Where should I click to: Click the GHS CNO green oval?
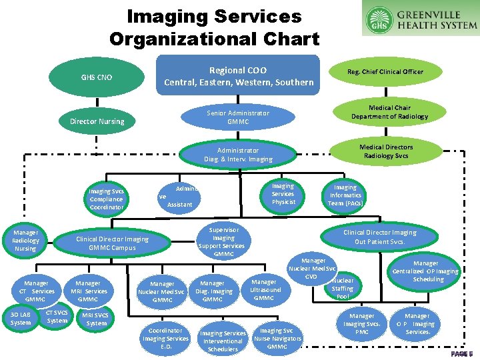[97, 77]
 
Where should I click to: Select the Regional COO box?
[238, 76]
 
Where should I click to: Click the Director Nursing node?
[97, 121]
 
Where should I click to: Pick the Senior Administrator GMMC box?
[238, 117]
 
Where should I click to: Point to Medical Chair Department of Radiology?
[389, 112]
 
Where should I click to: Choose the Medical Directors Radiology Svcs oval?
[386, 151]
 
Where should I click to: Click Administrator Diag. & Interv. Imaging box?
[238, 155]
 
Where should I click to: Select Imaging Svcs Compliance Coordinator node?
[106, 199]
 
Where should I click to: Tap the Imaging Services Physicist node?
[283, 194]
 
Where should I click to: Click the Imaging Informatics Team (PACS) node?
[345, 195]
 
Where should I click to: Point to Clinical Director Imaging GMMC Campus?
[113, 243]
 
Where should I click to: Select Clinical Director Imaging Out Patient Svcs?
[379, 237]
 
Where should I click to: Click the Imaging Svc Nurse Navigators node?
[277, 338]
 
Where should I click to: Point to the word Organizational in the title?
[214, 38]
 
